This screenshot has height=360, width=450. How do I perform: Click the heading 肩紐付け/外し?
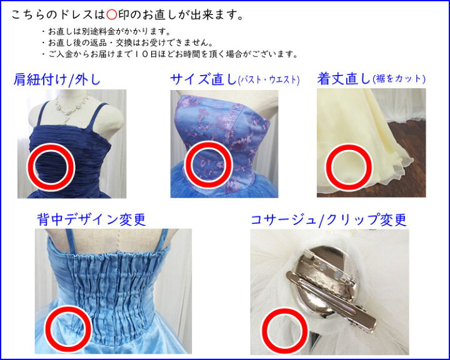point(57,79)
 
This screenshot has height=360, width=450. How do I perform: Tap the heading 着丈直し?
point(344,79)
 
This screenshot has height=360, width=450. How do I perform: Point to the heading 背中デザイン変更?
point(91,219)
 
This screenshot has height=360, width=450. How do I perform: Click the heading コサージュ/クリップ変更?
point(329,220)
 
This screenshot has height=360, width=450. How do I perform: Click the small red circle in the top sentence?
point(111,15)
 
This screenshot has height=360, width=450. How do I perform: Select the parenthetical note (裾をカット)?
point(399,79)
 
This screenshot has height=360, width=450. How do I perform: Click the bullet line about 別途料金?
point(106,31)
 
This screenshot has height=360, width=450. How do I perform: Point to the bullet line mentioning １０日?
point(170,54)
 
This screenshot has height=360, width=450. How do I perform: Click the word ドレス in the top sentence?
point(76,15)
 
